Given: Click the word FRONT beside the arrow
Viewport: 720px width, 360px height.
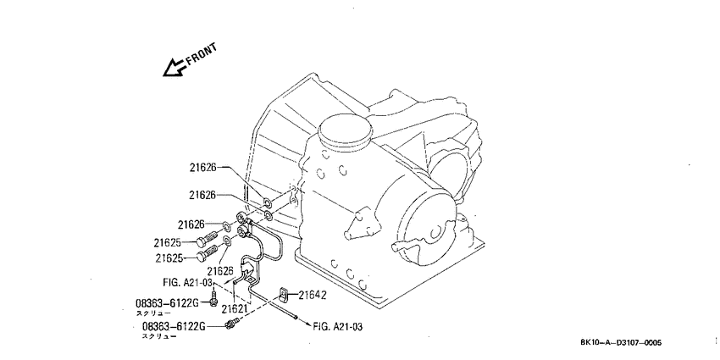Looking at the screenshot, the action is [x=201, y=55].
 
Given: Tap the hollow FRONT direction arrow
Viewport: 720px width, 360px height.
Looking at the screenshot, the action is [x=174, y=68].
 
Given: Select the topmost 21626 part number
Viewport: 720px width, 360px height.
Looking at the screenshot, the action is [x=203, y=168].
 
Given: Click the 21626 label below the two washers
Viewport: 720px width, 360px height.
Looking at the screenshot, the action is [x=220, y=270].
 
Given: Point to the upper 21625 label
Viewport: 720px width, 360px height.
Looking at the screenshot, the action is [x=167, y=242].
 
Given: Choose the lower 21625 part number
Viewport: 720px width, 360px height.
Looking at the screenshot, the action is [x=169, y=258].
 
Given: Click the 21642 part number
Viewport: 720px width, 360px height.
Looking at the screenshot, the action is [x=313, y=296].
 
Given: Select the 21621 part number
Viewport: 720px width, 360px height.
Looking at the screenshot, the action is [x=235, y=310].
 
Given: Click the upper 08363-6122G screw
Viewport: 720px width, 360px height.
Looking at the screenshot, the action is [x=213, y=298].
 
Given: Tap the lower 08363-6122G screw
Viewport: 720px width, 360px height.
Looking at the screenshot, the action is [x=232, y=324].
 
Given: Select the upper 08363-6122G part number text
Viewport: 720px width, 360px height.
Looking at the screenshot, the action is [x=167, y=303].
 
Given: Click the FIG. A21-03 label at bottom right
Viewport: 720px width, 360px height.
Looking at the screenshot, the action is [x=338, y=327].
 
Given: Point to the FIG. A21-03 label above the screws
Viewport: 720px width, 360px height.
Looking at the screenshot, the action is [x=188, y=281].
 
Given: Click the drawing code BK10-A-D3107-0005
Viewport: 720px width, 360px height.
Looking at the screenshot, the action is [x=621, y=342].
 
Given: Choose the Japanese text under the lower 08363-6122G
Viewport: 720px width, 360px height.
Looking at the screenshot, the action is [x=159, y=336].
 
